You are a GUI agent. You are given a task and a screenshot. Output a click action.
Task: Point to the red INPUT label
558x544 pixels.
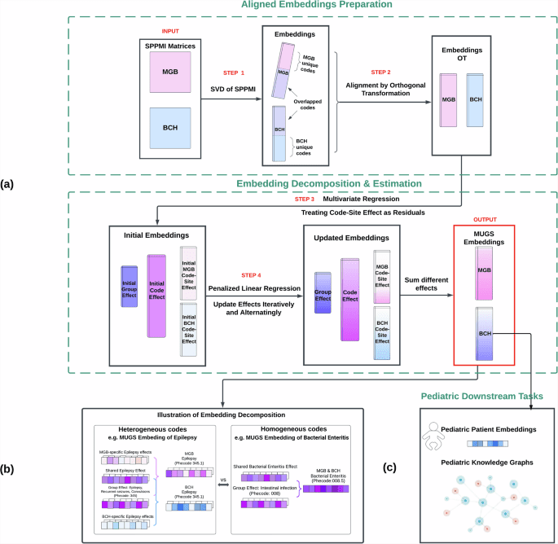click(169, 33)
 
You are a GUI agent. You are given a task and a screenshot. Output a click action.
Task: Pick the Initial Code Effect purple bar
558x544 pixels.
click(156, 295)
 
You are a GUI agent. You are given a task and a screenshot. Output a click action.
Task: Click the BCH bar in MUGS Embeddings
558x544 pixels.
click(486, 332)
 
